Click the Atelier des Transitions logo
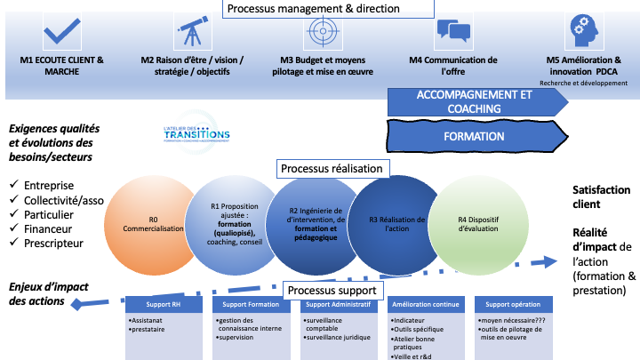coord(196,132)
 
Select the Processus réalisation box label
coord(332,168)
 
